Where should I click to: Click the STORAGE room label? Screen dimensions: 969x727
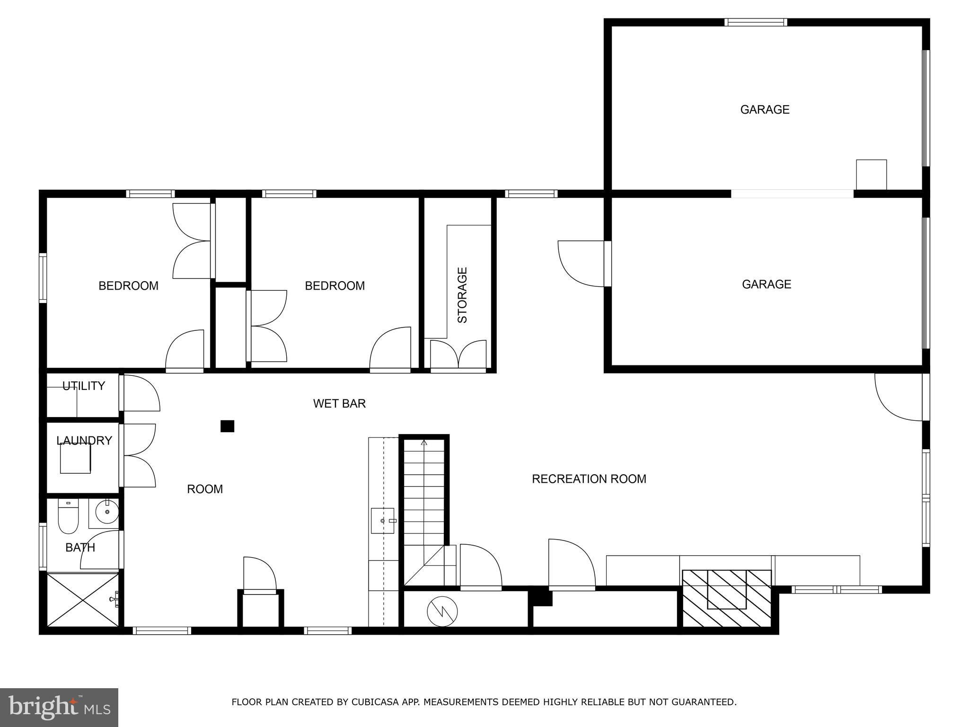[x=462, y=295]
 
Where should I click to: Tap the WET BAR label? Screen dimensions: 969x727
[x=339, y=403]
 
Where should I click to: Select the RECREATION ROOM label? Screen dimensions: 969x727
[x=589, y=479]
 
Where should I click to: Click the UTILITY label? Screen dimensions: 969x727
[x=84, y=386]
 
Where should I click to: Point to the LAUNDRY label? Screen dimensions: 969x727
[x=84, y=441]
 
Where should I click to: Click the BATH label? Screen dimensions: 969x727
[x=80, y=548]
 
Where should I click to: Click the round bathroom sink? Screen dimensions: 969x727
[x=107, y=512]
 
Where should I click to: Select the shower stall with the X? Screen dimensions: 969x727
[x=83, y=600]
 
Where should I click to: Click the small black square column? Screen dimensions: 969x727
[x=228, y=426]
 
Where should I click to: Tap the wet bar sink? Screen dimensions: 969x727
[x=383, y=521]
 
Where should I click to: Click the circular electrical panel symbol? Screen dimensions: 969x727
[x=442, y=612]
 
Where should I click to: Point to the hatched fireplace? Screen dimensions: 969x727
[x=727, y=598]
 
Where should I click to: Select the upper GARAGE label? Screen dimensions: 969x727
[x=765, y=110]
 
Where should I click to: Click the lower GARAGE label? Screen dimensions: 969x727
[x=766, y=284]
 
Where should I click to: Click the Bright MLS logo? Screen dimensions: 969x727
[x=59, y=708]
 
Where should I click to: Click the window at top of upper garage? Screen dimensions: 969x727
[x=756, y=22]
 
